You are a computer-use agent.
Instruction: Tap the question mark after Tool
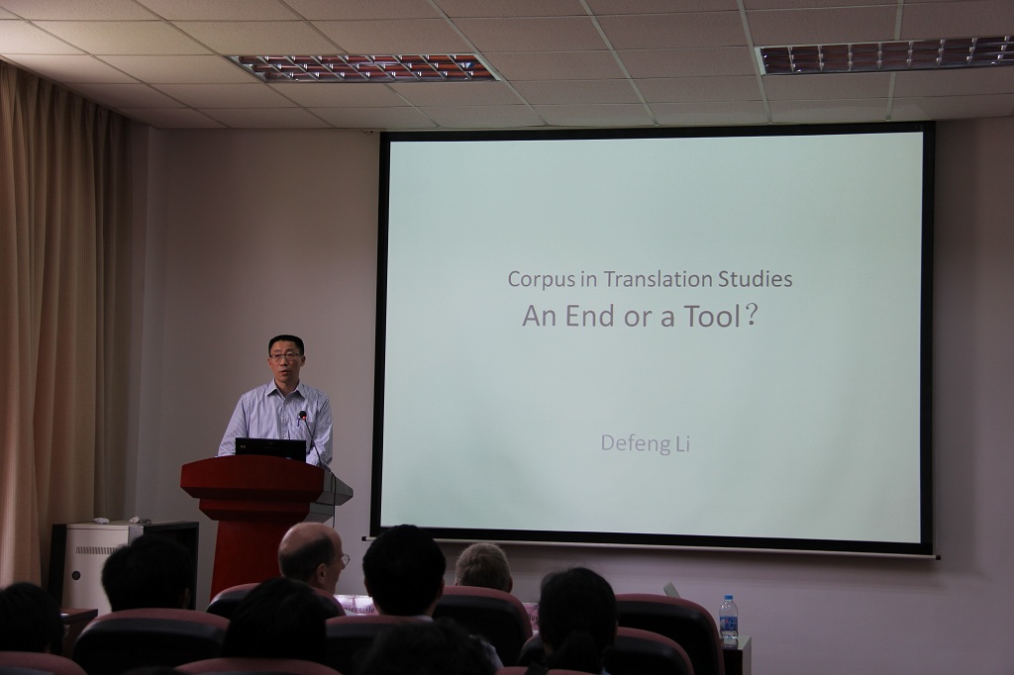[751, 316]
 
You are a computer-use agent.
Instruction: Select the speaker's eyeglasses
[285, 355]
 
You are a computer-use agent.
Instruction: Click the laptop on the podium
[269, 449]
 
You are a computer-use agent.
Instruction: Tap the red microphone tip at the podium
[301, 415]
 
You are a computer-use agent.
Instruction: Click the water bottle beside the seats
[729, 622]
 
